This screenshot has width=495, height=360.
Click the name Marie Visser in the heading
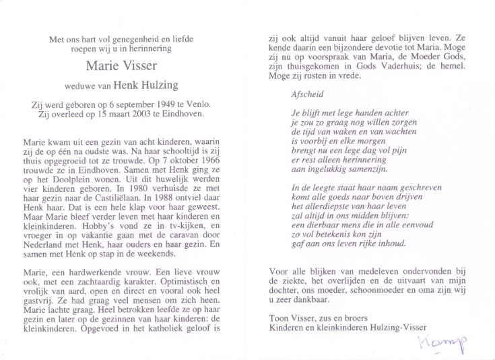click(121, 65)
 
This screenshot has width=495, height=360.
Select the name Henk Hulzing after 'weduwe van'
click(149, 87)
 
